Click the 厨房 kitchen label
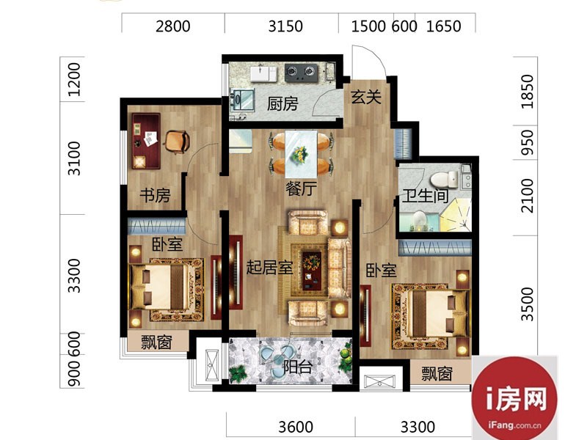click(282, 103)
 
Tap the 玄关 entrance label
click(366, 97)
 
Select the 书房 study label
click(155, 195)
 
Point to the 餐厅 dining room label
click(301, 188)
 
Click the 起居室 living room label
click(269, 267)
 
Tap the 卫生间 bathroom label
click(426, 196)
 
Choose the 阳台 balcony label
click(298, 367)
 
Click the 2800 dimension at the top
click(173, 26)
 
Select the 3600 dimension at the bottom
click(296, 427)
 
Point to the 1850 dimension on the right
click(527, 92)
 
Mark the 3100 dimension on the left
click(74, 158)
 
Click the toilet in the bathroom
click(445, 179)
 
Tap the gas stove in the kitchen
click(302, 73)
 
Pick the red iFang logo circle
click(514, 398)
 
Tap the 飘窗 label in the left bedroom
click(156, 342)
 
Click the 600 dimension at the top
click(404, 26)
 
